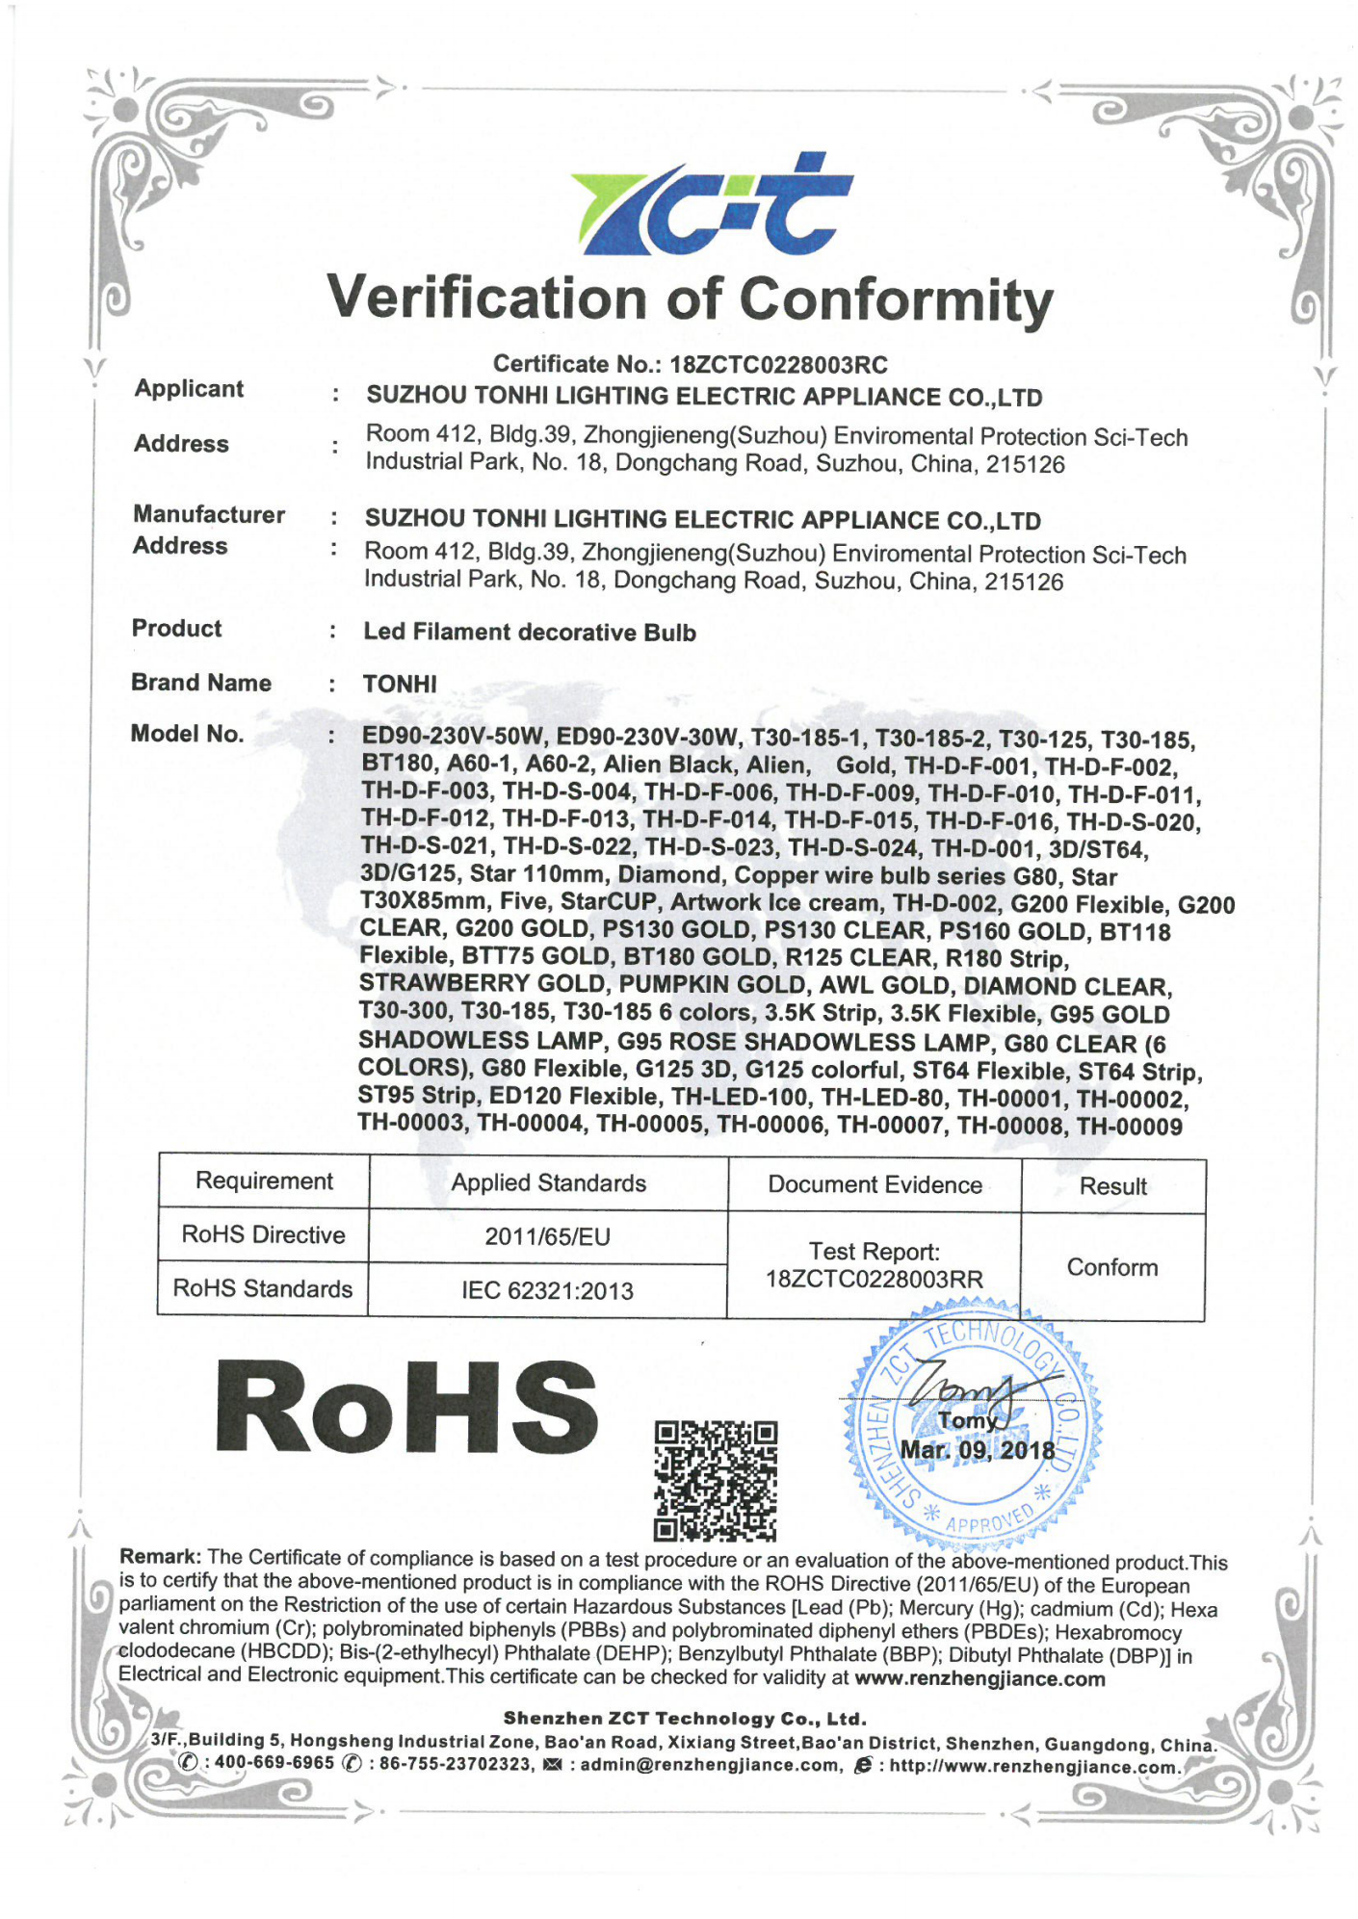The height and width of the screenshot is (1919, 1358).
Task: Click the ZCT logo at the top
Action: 711,204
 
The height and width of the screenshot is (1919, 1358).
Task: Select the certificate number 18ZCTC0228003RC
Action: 778,365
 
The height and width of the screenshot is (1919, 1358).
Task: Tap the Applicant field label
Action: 189,389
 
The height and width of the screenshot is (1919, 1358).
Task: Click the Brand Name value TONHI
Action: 400,685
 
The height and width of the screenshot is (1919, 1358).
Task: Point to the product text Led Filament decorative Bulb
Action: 529,633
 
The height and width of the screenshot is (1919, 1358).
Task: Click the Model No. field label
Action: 187,735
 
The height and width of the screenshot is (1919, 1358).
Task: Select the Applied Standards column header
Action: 548,1183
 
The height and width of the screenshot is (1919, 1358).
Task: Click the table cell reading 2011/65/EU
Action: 547,1237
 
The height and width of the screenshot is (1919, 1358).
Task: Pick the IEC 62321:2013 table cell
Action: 547,1291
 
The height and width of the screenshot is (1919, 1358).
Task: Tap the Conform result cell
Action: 1111,1268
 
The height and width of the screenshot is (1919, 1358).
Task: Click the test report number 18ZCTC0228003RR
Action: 874,1280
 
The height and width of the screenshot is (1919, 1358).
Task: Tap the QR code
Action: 715,1480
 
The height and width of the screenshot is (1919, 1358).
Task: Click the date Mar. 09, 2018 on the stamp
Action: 977,1450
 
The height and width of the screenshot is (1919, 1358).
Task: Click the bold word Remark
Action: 159,1557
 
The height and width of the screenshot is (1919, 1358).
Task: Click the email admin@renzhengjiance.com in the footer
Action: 711,1765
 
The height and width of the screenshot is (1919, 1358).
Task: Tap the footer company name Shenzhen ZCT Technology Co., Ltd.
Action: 685,1719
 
